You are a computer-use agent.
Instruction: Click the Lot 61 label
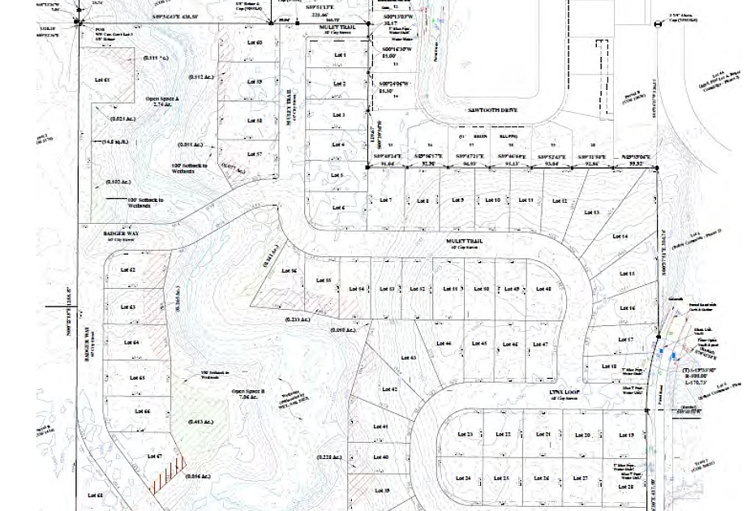pos(101,80)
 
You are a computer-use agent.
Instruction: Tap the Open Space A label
pos(162,101)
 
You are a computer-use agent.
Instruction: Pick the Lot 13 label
pos(591,213)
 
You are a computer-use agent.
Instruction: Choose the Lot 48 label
pos(543,289)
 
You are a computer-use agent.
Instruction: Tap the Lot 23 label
pos(465,435)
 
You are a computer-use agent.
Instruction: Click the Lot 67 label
pos(155,457)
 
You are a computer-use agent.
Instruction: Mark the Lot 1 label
pos(339,55)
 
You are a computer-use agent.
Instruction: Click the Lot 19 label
pos(626,436)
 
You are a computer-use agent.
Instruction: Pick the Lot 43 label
pos(408,358)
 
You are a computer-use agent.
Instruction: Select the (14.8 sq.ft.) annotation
pos(118,141)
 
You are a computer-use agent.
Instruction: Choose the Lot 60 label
pos(255,42)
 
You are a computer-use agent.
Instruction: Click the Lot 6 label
pos(338,208)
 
